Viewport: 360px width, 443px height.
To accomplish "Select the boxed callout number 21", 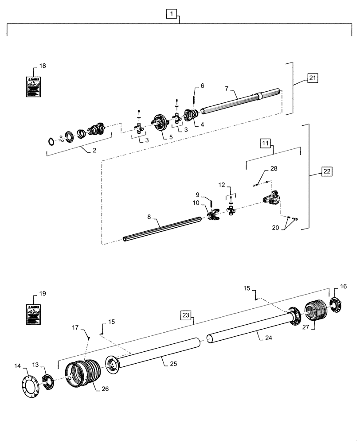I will point(313,79).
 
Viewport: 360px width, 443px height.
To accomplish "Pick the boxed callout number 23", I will point(186,315).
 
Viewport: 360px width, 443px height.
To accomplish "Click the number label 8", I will point(149,217).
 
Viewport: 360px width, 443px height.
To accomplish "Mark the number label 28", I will point(273,169).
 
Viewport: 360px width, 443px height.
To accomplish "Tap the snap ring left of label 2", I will point(52,141).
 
